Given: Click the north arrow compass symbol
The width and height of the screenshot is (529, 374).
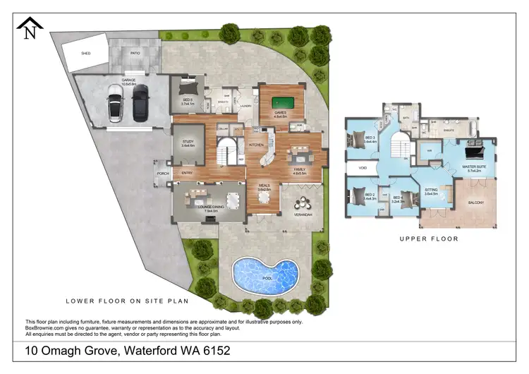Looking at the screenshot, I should tap(30, 29).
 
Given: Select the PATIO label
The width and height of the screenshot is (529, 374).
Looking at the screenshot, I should tap(135, 52).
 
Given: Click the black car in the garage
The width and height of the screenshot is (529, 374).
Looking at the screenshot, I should tap(140, 102).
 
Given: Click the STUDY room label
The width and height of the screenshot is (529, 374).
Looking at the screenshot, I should tap(188, 143).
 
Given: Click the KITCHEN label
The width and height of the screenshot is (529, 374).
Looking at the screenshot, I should tap(255, 145).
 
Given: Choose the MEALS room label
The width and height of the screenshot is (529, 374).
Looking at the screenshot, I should tap(264, 187).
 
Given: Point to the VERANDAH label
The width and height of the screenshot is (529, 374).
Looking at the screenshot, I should tap(303, 214).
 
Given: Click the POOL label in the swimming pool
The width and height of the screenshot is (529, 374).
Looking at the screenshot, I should tap(268, 278).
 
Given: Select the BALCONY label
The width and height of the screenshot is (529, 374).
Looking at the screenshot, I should tap(476, 203).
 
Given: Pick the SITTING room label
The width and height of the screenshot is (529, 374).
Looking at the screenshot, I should tap(431, 191).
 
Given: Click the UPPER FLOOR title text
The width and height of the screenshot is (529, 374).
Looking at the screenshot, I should tap(430, 239).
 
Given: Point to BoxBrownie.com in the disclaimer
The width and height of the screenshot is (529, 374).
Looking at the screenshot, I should tap(44, 327).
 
